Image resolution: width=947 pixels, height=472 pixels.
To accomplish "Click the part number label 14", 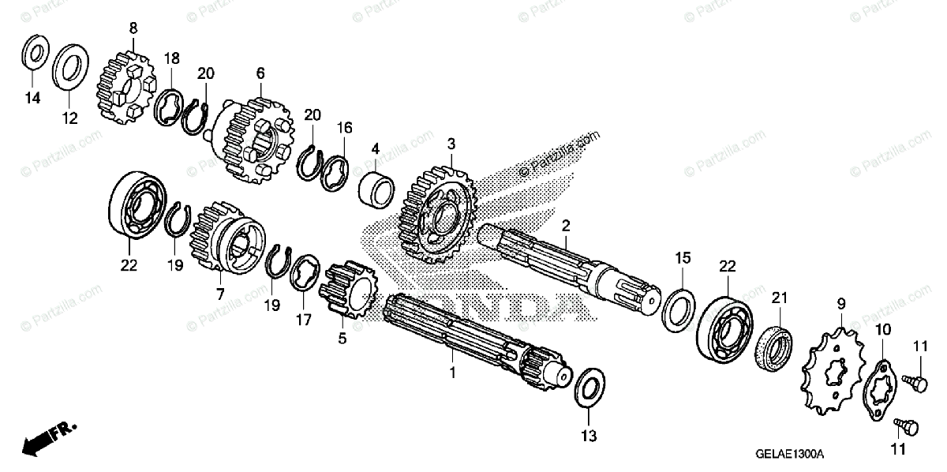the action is pyautogui.click(x=31, y=99).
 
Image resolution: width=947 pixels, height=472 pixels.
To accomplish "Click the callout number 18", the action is pyautogui.click(x=172, y=58).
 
